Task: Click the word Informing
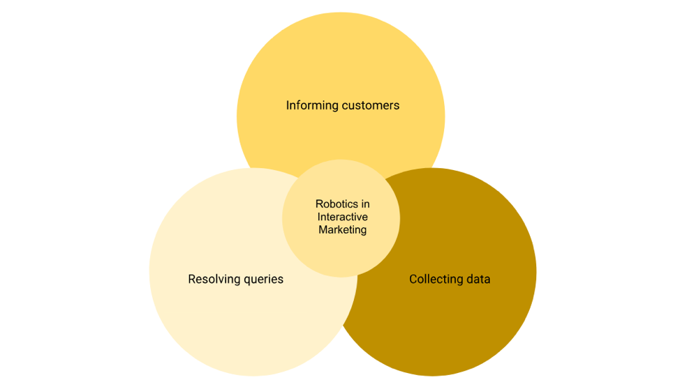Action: [x=312, y=106]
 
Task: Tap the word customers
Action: [x=371, y=106]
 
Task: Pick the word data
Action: [x=478, y=280]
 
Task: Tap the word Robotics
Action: [x=337, y=204]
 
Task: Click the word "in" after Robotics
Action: [x=365, y=204]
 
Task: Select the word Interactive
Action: [x=342, y=217]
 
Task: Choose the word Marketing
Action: [x=342, y=229]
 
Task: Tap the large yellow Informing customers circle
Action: [x=341, y=63]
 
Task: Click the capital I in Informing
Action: [x=288, y=106]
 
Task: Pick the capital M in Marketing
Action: [x=323, y=229]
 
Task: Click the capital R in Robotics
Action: [x=319, y=204]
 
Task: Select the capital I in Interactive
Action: [x=319, y=217]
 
